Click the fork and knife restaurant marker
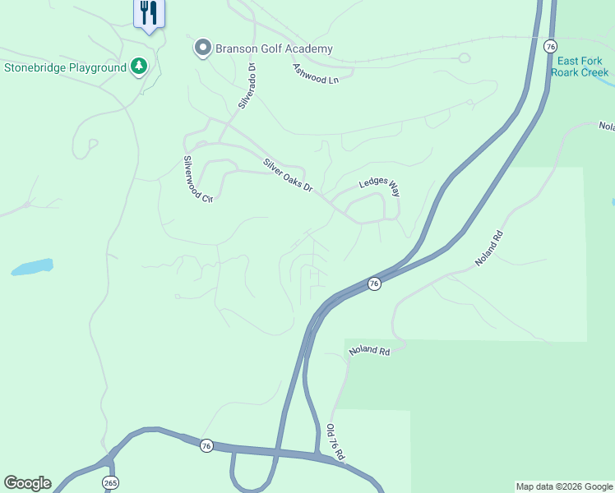pyautogui.click(x=149, y=13)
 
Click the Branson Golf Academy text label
pyautogui.click(x=274, y=48)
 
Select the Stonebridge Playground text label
pyautogui.click(x=64, y=67)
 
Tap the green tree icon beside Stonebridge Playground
pyautogui.click(x=139, y=67)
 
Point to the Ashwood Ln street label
pyautogui.click(x=317, y=73)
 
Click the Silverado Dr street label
pyautogui.click(x=247, y=87)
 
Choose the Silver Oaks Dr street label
pyautogui.click(x=288, y=175)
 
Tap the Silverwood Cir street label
pyautogui.click(x=197, y=178)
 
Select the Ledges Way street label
pyautogui.click(x=379, y=185)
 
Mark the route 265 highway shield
pyautogui.click(x=110, y=482)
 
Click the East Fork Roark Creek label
pyautogui.click(x=580, y=67)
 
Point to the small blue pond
pyautogui.click(x=32, y=267)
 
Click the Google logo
pyautogui.click(x=27, y=483)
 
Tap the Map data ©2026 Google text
pyautogui.click(x=564, y=486)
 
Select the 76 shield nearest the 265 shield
pyautogui.click(x=206, y=445)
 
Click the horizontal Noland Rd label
pyautogui.click(x=369, y=351)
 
